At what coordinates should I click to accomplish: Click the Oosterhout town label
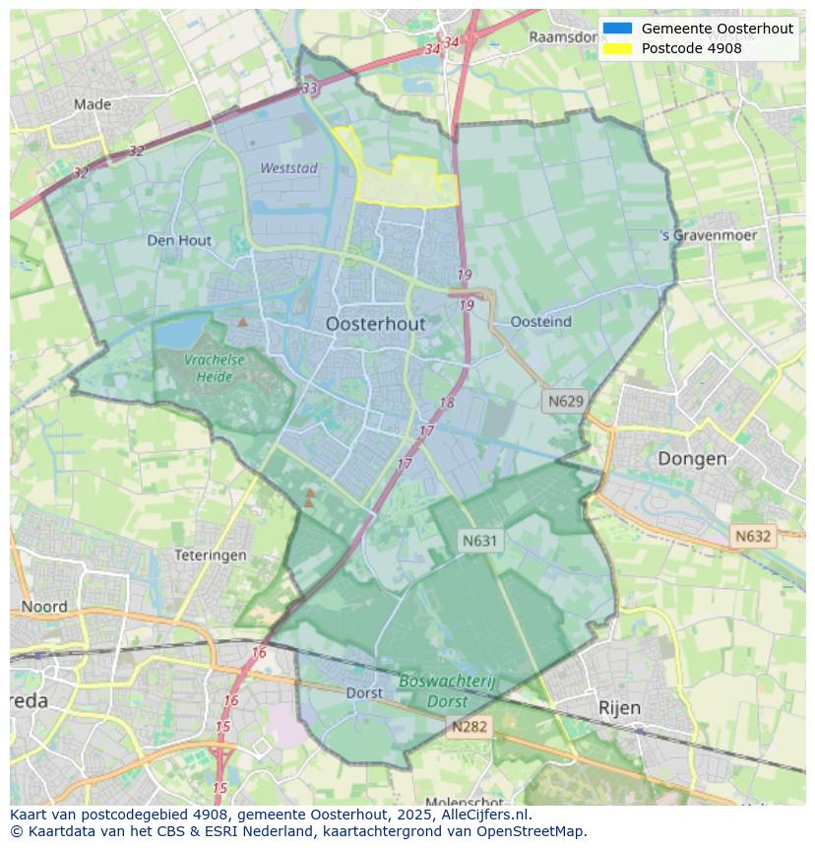(375, 324)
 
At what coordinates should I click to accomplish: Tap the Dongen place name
(692, 458)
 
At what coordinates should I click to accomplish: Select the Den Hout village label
(179, 240)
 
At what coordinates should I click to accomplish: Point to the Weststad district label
(288, 168)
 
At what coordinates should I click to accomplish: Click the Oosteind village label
(540, 322)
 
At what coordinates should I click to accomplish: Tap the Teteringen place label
(210, 555)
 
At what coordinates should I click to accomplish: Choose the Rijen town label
(619, 707)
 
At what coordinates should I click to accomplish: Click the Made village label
(93, 103)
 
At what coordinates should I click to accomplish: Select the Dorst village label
(364, 692)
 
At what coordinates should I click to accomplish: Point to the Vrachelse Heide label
(214, 368)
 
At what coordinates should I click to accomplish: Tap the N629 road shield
(566, 401)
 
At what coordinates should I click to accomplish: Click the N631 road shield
(480, 540)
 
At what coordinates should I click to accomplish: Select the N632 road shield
(753, 537)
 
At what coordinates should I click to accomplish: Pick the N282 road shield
(470, 727)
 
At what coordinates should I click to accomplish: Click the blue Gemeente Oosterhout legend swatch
(617, 29)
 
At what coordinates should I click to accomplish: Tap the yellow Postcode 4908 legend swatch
(617, 48)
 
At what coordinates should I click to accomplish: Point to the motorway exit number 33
(310, 89)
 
